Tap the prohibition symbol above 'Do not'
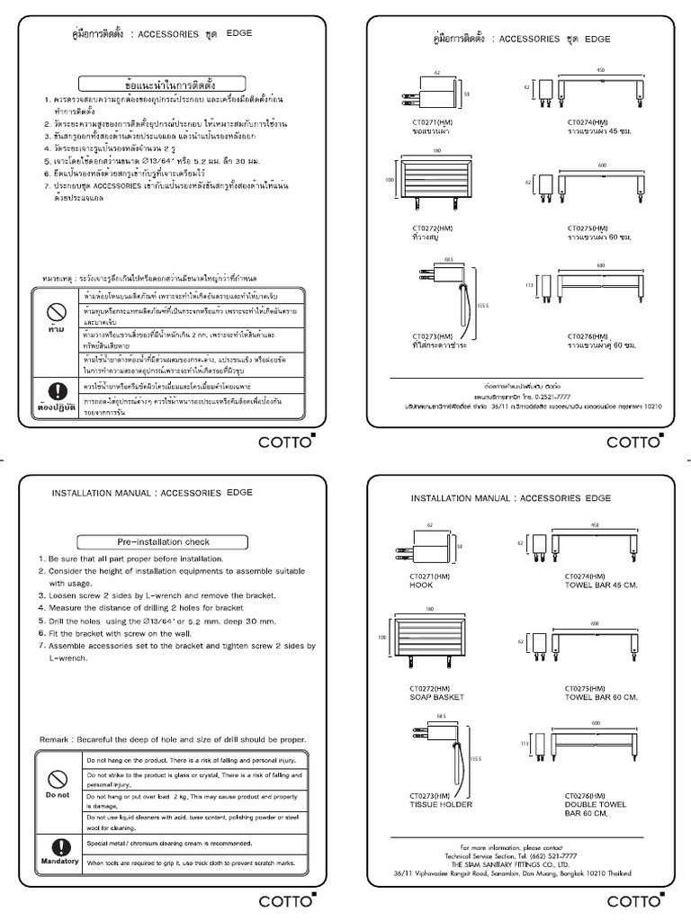[58, 777]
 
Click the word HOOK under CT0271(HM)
[422, 583]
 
